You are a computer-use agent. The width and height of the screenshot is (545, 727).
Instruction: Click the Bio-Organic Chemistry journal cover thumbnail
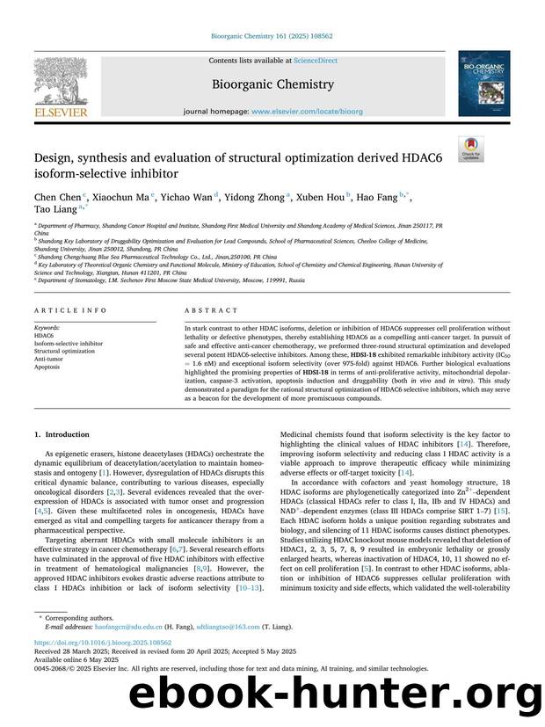483,84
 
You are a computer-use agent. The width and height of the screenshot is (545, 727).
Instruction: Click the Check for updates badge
471,149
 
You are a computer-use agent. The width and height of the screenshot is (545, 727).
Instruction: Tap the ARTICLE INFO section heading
58,310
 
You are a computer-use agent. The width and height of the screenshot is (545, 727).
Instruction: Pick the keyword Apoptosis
47,367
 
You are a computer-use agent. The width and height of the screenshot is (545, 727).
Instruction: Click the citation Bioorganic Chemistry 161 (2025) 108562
272,35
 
